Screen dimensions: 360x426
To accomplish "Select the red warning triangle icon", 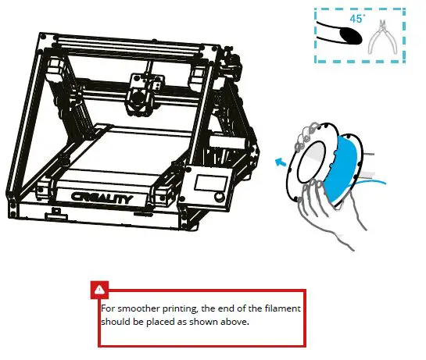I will (99, 290).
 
